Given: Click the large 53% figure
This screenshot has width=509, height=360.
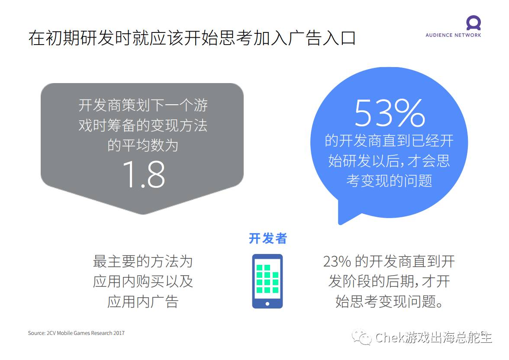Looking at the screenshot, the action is click(390, 113).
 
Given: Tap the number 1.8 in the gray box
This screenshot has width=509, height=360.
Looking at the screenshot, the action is click(144, 175).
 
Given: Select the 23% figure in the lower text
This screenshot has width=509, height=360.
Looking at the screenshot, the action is click(337, 261).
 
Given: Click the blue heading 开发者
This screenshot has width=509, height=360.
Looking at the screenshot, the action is click(268, 238).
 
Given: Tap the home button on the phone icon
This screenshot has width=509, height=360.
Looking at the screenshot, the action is click(267, 304).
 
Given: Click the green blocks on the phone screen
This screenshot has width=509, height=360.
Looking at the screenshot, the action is click(267, 279).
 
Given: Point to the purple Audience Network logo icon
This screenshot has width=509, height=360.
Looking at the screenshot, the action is click(474, 23).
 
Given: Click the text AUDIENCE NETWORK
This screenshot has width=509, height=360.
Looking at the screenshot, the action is click(453, 35).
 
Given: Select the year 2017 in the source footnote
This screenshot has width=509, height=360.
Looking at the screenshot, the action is click(119, 333).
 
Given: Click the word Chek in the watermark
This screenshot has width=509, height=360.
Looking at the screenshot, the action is click(390, 337).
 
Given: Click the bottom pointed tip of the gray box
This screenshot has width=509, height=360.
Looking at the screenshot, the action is click(143, 214).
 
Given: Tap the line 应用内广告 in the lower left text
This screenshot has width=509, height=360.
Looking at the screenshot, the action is click(143, 302).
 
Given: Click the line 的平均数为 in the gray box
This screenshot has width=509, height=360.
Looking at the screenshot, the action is click(143, 145).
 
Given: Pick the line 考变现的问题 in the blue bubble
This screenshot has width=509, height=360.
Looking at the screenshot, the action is click(389, 180).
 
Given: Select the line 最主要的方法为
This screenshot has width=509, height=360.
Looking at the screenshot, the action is click(143, 261).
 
